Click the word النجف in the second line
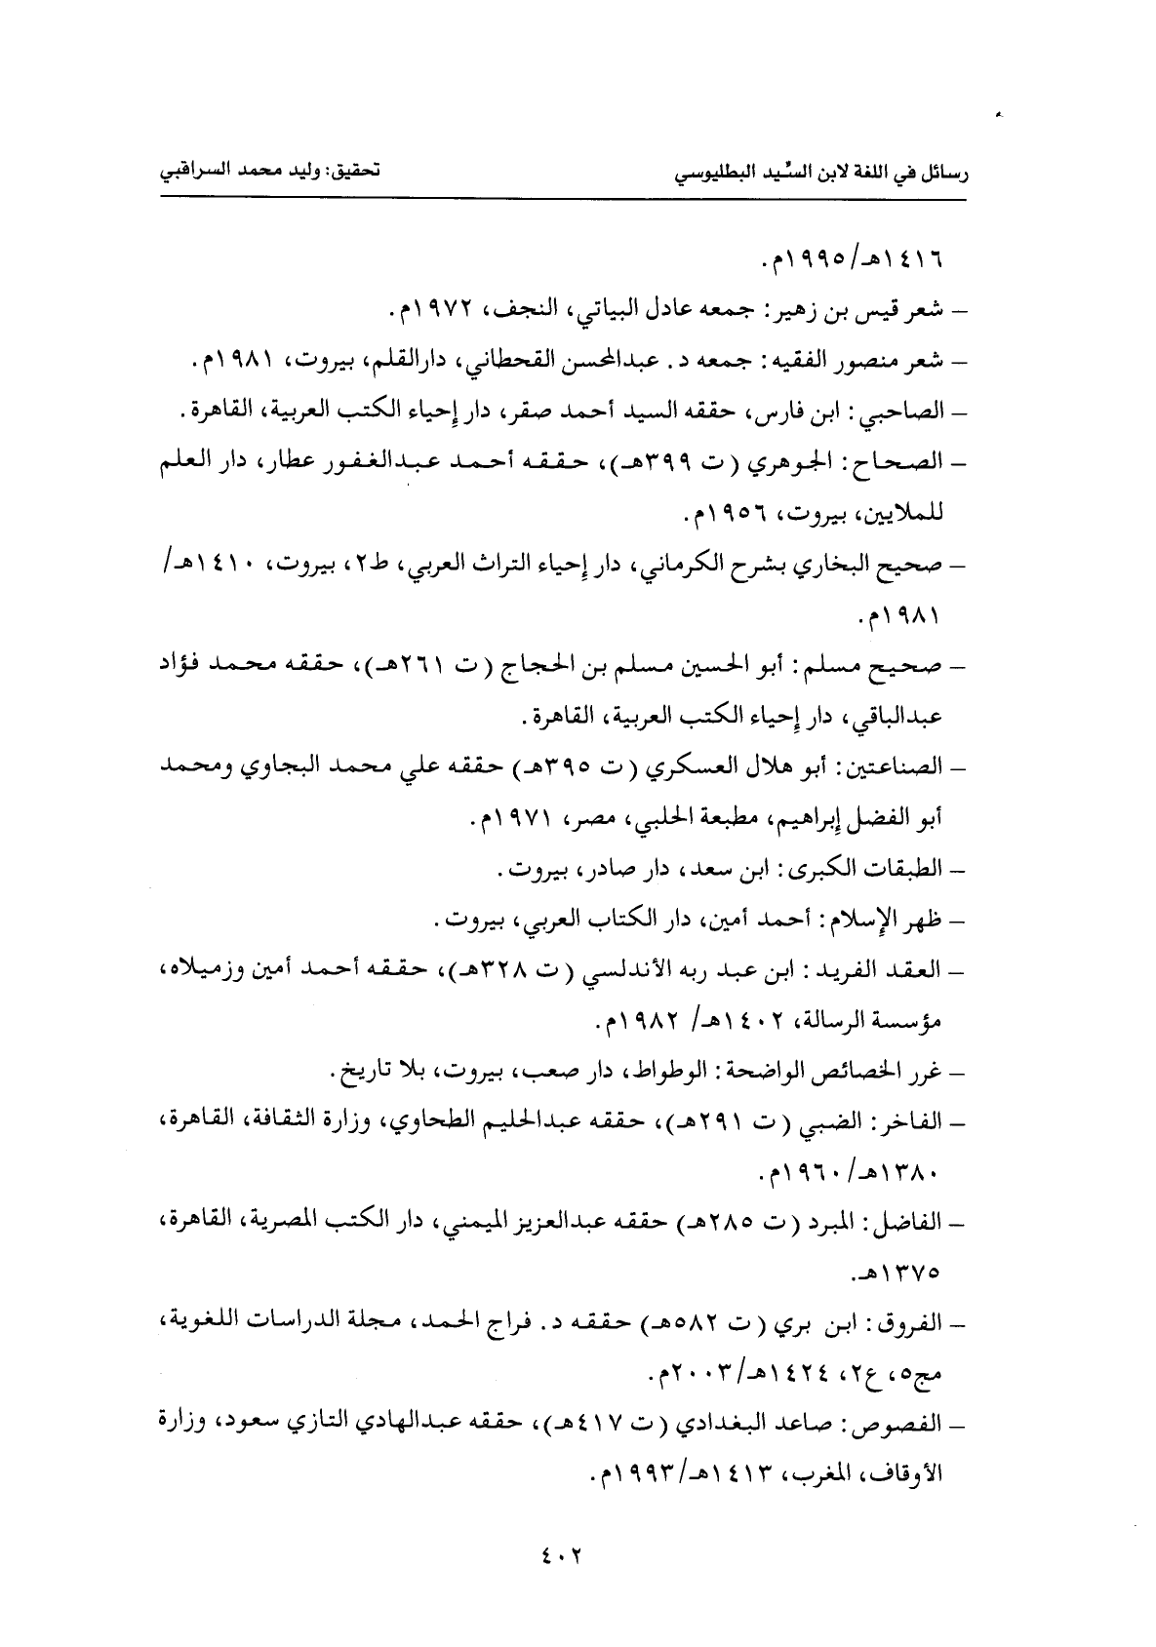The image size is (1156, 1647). [x=520, y=313]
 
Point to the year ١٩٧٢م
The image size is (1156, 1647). [x=430, y=313]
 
